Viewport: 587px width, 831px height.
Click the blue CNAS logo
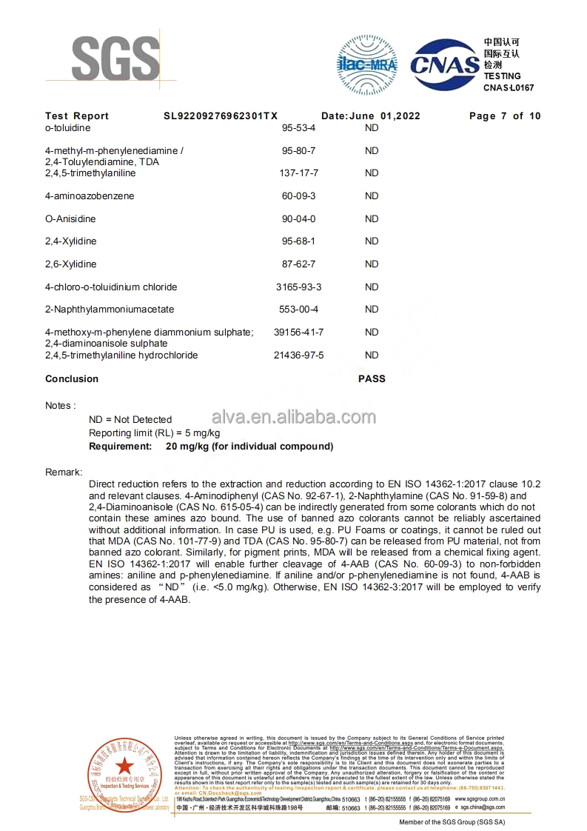pyautogui.click(x=445, y=66)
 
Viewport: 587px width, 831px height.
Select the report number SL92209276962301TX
pyautogui.click(x=221, y=116)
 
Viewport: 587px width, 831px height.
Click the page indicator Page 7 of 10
pyautogui.click(x=505, y=116)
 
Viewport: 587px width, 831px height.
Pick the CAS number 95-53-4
pyautogui.click(x=299, y=127)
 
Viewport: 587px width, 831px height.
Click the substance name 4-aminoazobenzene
pyautogui.click(x=90, y=196)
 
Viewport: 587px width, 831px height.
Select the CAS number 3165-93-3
pyautogui.click(x=299, y=287)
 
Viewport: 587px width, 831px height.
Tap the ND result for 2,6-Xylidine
pyautogui.click(x=372, y=264)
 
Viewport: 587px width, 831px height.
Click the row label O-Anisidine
pyautogui.click(x=70, y=219)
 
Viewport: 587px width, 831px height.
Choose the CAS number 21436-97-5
pyautogui.click(x=299, y=356)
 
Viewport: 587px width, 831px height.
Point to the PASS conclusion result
pyautogui.click(x=372, y=378)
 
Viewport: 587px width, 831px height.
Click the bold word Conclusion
pyautogui.click(x=72, y=378)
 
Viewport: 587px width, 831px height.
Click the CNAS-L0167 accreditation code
pyautogui.click(x=509, y=87)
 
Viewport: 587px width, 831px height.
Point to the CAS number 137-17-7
pyautogui.click(x=299, y=173)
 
